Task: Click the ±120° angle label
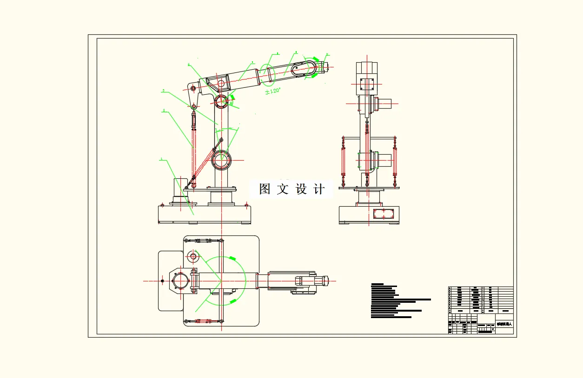[x=273, y=91]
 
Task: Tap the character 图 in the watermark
[x=265, y=189]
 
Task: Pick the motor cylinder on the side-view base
[x=180, y=188]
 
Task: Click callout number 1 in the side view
[x=162, y=159]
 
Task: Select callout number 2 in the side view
[x=164, y=111]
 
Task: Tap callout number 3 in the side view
[x=163, y=91]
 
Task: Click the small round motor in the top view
[x=193, y=256]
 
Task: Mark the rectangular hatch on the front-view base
[x=384, y=214]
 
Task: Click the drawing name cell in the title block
[x=504, y=324]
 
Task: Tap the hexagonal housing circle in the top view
[x=180, y=281]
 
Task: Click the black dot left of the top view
[x=162, y=281]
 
